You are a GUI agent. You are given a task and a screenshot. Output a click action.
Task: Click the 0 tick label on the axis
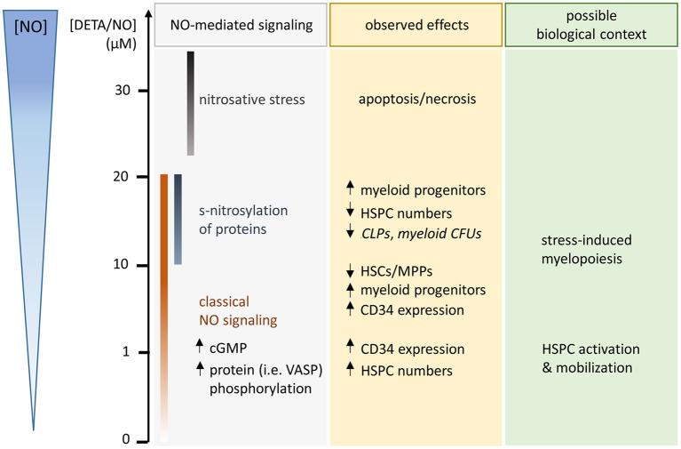tap(125, 439)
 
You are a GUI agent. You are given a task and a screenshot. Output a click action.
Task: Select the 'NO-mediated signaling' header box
tap(241, 25)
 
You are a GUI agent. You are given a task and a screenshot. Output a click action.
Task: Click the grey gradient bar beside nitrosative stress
tap(190, 103)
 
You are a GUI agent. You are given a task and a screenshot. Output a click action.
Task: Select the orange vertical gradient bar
tap(164, 302)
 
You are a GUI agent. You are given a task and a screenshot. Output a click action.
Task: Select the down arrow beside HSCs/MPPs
tap(351, 270)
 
